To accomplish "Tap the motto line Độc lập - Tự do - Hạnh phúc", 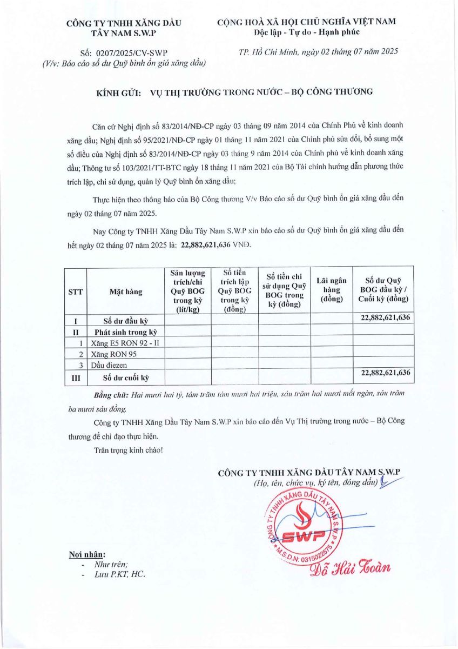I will coord(306,32).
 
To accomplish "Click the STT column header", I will coord(76,292).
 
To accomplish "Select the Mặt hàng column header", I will coord(126,292).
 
